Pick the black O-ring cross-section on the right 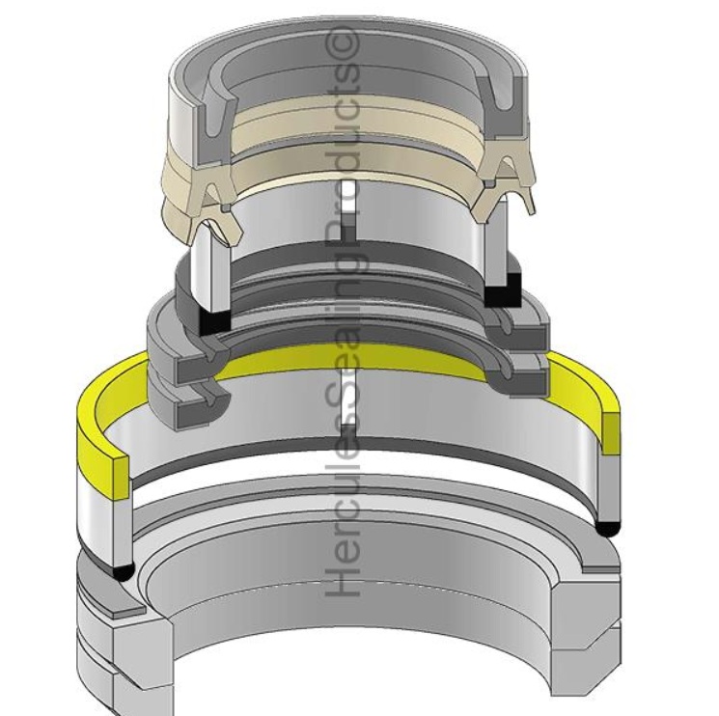(607, 528)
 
